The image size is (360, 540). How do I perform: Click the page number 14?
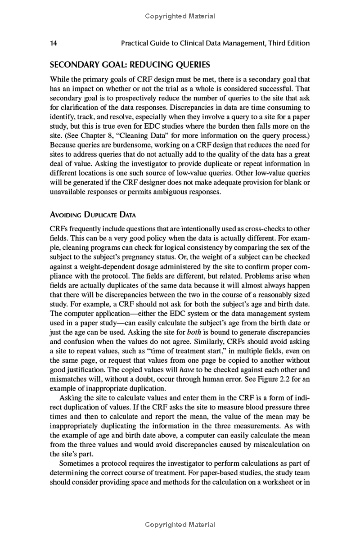point(54,43)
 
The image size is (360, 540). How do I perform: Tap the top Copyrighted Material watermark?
point(180,16)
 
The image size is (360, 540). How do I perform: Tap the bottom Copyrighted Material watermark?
point(180,525)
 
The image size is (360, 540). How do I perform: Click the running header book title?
point(216,43)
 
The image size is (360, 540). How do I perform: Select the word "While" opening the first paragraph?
point(60,79)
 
